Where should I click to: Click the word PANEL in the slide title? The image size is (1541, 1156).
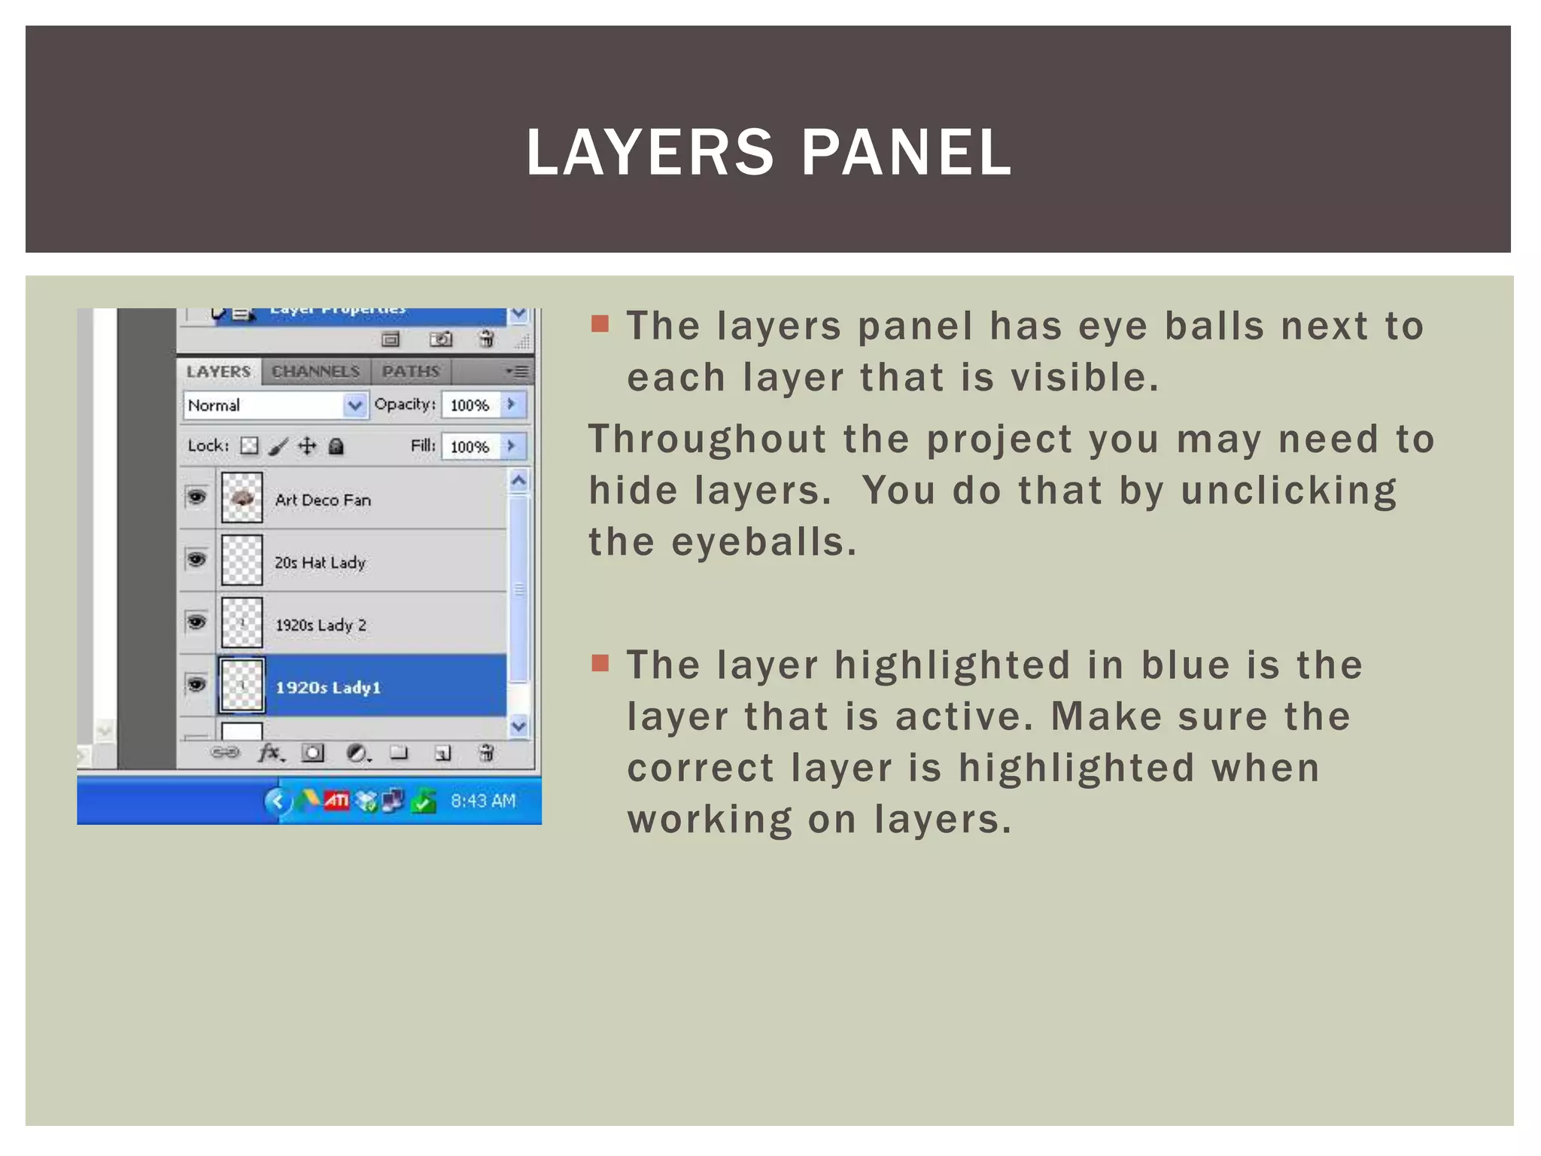click(x=906, y=153)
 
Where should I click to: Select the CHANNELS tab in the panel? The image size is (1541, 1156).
click(x=315, y=371)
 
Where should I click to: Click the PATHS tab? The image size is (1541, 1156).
click(x=410, y=371)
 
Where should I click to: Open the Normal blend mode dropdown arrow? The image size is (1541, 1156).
click(x=355, y=406)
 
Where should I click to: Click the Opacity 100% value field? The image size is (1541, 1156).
click(x=470, y=406)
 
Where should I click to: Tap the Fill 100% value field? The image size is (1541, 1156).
click(x=470, y=447)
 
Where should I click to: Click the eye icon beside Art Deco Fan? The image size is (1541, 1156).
click(x=196, y=497)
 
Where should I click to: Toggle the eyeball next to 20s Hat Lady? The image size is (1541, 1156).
click(x=196, y=560)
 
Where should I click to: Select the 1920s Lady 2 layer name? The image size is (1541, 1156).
click(x=321, y=625)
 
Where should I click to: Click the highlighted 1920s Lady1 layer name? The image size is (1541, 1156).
click(x=328, y=687)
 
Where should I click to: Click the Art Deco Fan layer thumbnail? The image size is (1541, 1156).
click(x=242, y=497)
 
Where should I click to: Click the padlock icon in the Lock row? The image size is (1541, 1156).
click(x=336, y=447)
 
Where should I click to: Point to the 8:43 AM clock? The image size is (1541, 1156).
click(x=483, y=801)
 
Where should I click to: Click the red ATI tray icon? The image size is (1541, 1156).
click(x=336, y=801)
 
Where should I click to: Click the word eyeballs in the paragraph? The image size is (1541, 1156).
click(x=763, y=542)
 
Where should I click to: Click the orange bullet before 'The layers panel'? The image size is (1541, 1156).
click(x=600, y=324)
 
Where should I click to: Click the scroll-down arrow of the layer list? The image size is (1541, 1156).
click(x=518, y=726)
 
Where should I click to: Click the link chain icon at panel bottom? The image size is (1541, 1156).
click(x=224, y=753)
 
